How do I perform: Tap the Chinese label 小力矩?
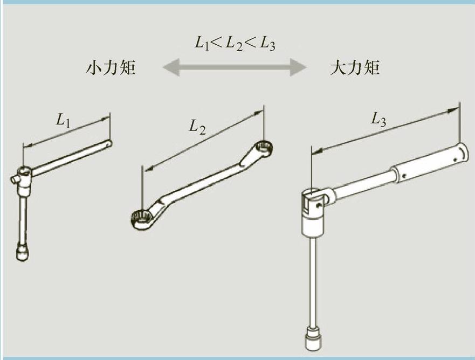(x=111, y=68)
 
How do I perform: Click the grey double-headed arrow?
(x=234, y=68)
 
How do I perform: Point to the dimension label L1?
(x=64, y=121)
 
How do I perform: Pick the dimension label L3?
(x=379, y=120)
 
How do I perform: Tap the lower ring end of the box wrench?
(x=141, y=218)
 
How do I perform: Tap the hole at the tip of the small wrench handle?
(x=108, y=144)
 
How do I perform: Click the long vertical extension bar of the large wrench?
(x=312, y=280)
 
